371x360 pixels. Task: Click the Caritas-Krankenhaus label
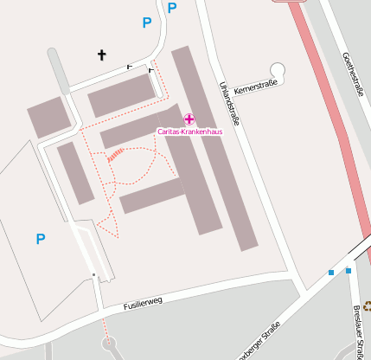pos(189,132)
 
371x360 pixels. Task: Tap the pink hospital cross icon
pos(189,119)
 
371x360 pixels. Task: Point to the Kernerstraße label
pos(257,84)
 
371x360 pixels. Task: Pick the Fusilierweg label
pos(143,304)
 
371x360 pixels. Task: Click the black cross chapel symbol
pos(101,56)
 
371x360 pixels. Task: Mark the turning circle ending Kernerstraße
pos(278,69)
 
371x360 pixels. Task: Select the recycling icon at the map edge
pos(367,304)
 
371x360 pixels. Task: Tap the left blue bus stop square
pos(331,273)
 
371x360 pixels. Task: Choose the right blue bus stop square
pos(349,270)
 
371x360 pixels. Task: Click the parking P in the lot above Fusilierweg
pos(40,238)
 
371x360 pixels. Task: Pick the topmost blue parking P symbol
pos(171,8)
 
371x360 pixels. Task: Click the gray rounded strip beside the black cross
pos(59,70)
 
